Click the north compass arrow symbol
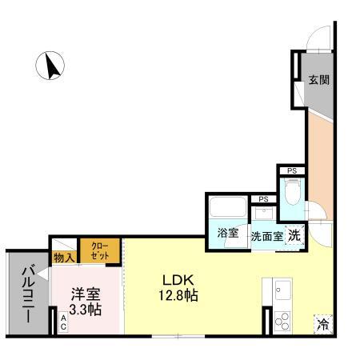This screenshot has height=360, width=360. (x=52, y=66)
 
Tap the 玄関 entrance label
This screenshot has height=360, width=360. (x=319, y=80)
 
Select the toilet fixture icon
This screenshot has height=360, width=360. (x=292, y=192)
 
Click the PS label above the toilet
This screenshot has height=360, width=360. (x=291, y=170)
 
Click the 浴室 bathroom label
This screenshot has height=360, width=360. (x=228, y=234)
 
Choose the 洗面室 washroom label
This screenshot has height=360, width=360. (x=266, y=236)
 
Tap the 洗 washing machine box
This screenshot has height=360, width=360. (x=294, y=235)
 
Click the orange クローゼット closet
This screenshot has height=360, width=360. (x=100, y=250)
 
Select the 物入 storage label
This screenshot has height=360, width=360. (x=64, y=257)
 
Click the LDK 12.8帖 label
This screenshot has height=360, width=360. (x=181, y=288)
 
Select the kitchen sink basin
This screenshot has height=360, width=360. (x=282, y=289)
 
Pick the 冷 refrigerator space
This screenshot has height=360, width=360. (x=322, y=324)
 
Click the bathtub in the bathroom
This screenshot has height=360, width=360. (x=228, y=210)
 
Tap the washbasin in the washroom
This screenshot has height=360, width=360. (x=263, y=214)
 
